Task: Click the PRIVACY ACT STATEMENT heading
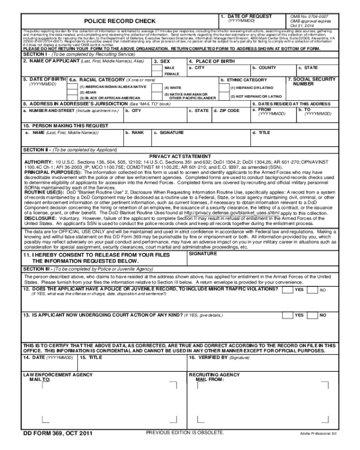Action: (x=181, y=156)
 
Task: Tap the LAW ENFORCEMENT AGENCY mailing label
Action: (x=49, y=373)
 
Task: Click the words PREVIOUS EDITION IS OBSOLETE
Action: (x=184, y=432)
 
